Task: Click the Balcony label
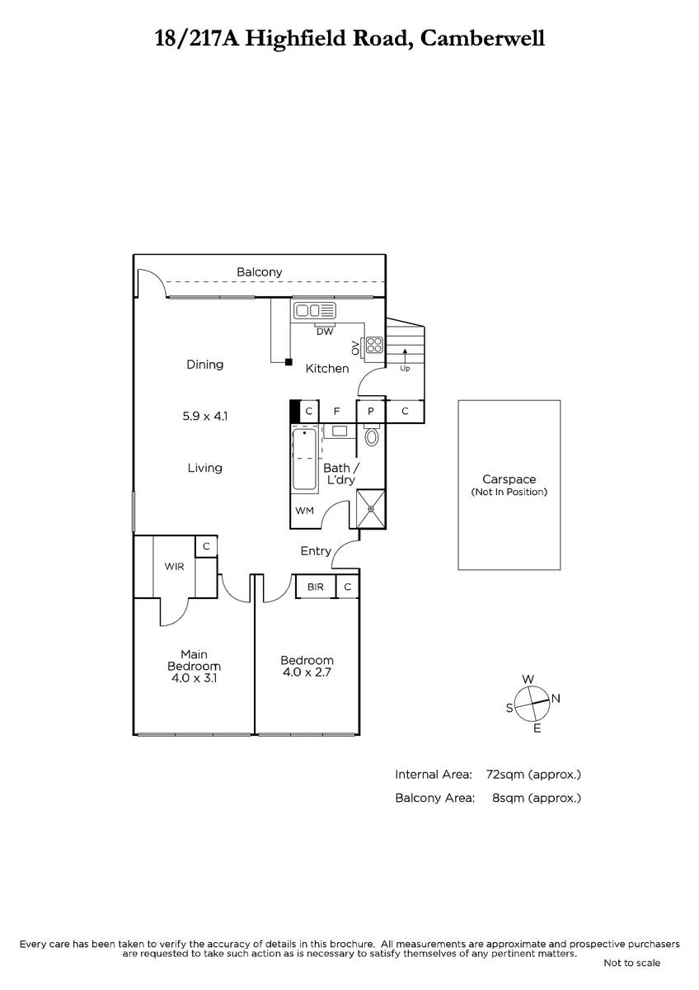coord(259,271)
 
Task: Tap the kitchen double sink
coord(315,310)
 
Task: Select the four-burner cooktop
coord(374,345)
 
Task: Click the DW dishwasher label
coord(325,331)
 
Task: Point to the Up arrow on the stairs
coord(405,356)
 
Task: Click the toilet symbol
coord(372,436)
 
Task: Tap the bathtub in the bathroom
coord(304,460)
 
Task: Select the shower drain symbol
coord(371,509)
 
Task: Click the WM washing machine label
coord(304,511)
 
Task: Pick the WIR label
coord(174,567)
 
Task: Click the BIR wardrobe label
coord(315,587)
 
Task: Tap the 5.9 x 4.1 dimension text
coord(205,416)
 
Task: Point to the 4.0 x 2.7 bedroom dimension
coord(307,672)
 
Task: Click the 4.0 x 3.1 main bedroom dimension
coord(194,678)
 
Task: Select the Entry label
coord(316,551)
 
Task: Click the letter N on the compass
coord(556,698)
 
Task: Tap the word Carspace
coord(509,479)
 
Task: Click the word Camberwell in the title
coord(482,38)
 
